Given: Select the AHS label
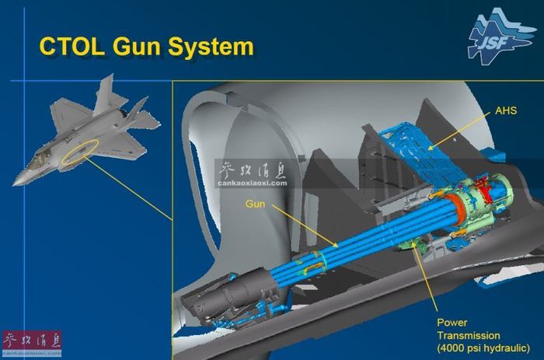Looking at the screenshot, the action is tap(505, 111).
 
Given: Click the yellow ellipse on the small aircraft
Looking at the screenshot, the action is tap(81, 149).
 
